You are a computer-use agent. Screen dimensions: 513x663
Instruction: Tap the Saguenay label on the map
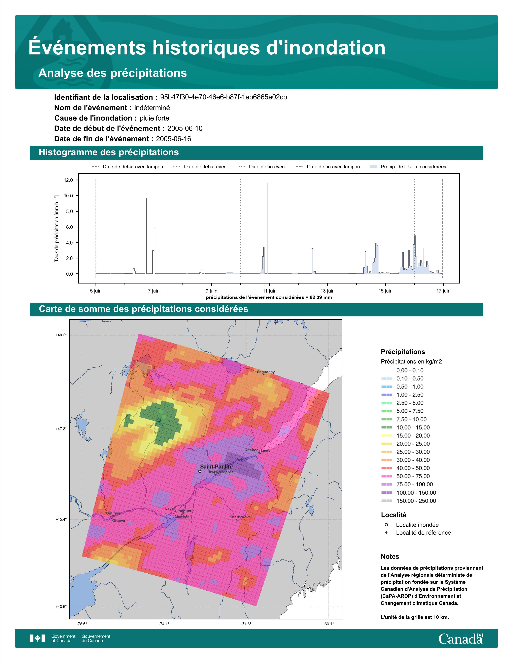(x=266, y=372)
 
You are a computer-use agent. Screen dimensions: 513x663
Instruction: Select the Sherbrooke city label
(x=240, y=517)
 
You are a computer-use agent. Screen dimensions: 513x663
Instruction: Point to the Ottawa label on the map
(x=118, y=521)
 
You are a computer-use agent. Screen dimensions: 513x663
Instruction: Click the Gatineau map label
(x=114, y=513)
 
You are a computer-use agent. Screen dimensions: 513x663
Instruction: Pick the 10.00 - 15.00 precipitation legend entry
(x=405, y=427)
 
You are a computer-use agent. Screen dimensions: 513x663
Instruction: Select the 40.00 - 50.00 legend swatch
(x=386, y=468)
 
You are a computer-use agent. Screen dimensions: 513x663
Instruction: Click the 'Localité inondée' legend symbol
(x=386, y=525)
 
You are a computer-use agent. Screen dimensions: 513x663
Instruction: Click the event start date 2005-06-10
(x=185, y=128)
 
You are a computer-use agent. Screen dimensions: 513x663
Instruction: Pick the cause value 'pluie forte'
(x=154, y=118)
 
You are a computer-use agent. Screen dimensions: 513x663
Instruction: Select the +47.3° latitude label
(x=61, y=429)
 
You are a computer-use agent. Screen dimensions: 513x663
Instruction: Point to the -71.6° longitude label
(x=246, y=624)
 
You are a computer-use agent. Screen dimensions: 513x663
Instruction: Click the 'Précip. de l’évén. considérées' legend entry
(x=408, y=167)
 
